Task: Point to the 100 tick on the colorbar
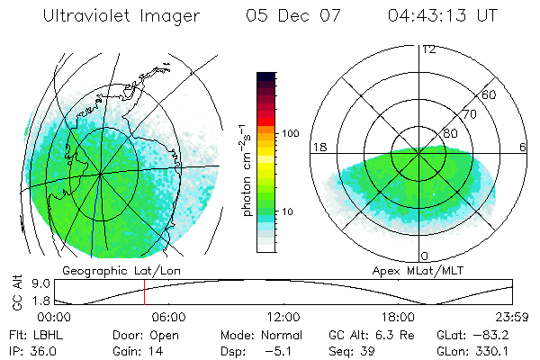pos(290,132)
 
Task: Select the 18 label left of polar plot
pos(318,148)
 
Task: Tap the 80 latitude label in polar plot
pos(450,133)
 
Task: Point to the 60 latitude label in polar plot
pos(490,94)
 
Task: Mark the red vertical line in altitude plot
pos(144,293)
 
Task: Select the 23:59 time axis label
pos(513,317)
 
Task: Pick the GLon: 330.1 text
pos(472,351)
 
